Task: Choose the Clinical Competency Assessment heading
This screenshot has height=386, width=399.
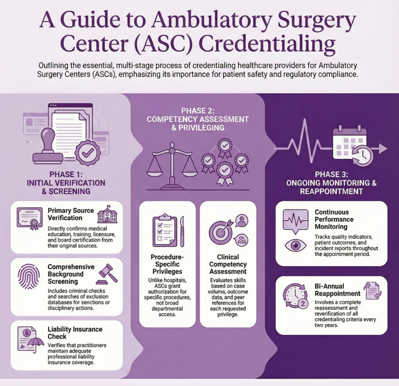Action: [x=228, y=264]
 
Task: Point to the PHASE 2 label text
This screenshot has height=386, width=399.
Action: [x=198, y=111]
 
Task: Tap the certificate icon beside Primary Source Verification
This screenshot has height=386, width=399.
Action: [x=29, y=218]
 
